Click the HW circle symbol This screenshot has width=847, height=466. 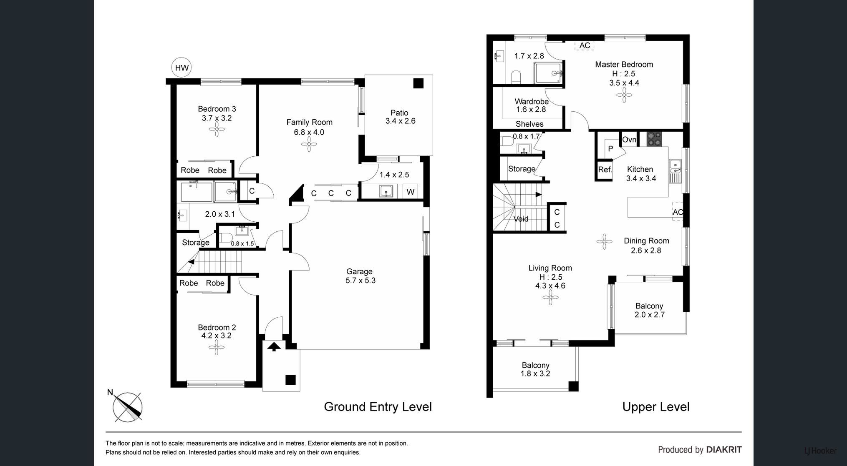pyautogui.click(x=181, y=68)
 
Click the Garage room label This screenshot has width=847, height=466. pyautogui.click(x=359, y=271)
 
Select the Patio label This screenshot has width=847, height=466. pyautogui.click(x=399, y=113)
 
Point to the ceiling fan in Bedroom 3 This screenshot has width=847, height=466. pyautogui.click(x=217, y=130)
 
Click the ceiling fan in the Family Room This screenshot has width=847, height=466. pyautogui.click(x=309, y=145)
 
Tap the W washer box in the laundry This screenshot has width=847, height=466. pyautogui.click(x=411, y=192)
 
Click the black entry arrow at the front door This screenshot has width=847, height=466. pyautogui.click(x=274, y=346)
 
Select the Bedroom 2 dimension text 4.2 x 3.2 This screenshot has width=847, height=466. pyautogui.click(x=216, y=336)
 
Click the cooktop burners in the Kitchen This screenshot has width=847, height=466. pyautogui.click(x=654, y=139)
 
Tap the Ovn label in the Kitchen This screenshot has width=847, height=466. pyautogui.click(x=629, y=139)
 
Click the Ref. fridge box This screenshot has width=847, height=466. pyautogui.click(x=605, y=170)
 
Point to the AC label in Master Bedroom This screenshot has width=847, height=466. pyautogui.click(x=585, y=45)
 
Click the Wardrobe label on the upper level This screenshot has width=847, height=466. pyautogui.click(x=532, y=101)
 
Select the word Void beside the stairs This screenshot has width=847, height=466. pyautogui.click(x=521, y=219)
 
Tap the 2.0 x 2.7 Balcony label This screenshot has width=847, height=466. pyautogui.click(x=650, y=315)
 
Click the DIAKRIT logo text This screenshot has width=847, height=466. pyautogui.click(x=724, y=450)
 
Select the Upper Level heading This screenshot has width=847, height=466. pyautogui.click(x=656, y=407)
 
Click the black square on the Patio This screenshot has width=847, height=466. pyautogui.click(x=418, y=83)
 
